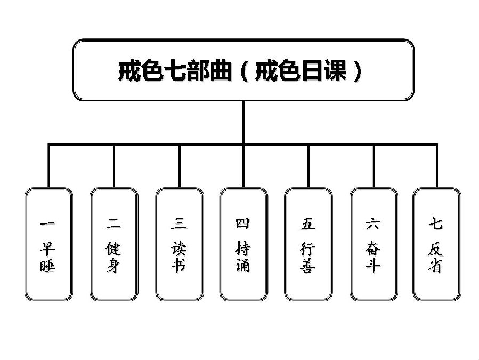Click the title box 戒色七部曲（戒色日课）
243,69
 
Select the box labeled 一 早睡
48,244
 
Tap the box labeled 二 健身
113,244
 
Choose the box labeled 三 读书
179,244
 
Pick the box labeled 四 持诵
243,244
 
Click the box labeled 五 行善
308,244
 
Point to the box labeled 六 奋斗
373,244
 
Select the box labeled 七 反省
436,244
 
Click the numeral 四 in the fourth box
243,223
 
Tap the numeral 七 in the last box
435,223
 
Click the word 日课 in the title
326,70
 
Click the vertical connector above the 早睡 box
48,165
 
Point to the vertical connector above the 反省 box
437,165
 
